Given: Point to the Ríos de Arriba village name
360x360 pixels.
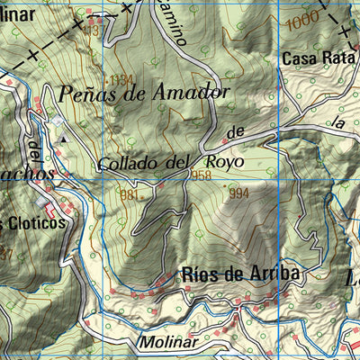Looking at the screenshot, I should tap(239, 274).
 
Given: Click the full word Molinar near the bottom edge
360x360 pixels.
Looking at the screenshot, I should tap(167, 343).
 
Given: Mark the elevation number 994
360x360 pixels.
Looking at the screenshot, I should tap(238, 193).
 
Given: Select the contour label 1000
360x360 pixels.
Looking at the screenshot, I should tap(305, 18).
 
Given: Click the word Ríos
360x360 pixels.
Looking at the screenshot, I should tap(200, 274).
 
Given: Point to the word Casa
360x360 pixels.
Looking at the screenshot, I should tap(298, 60).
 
